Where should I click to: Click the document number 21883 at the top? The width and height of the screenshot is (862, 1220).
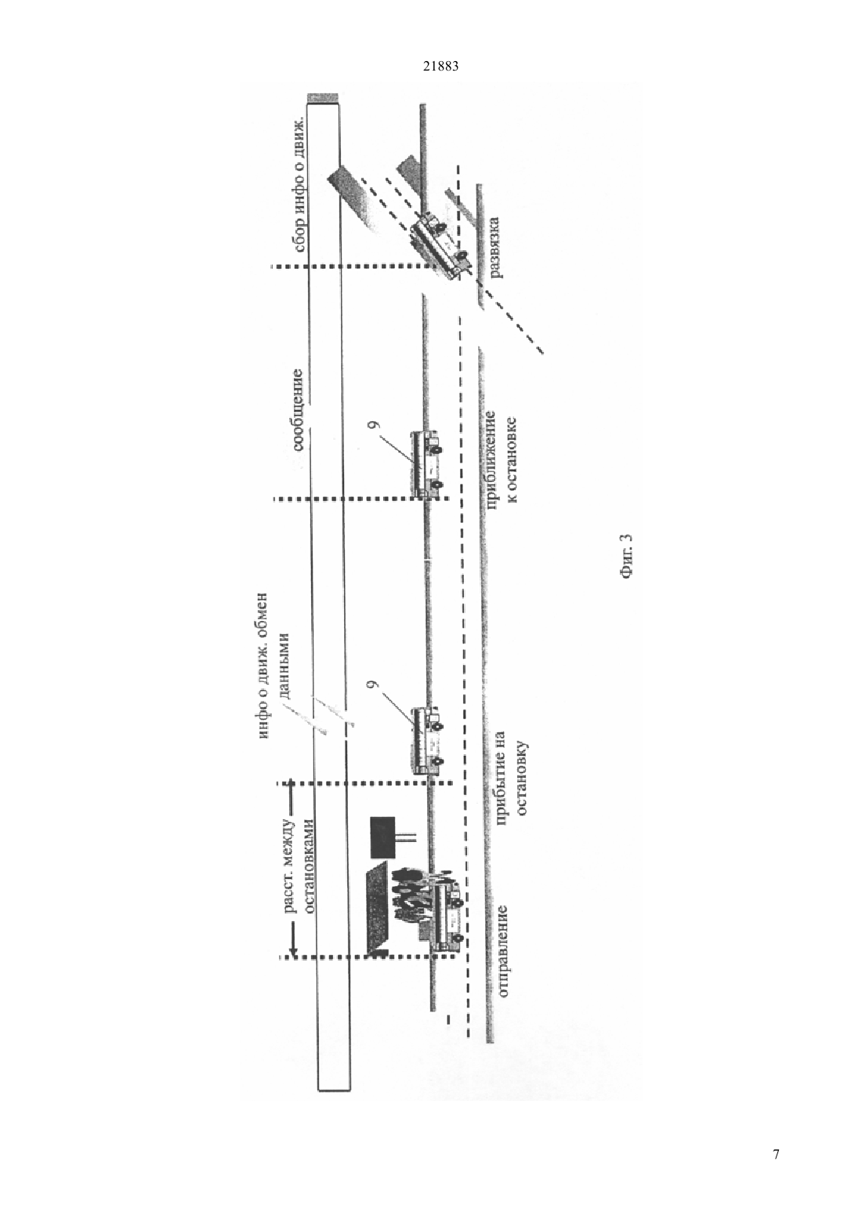point(440,66)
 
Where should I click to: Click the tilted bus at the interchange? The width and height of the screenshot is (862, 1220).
point(441,246)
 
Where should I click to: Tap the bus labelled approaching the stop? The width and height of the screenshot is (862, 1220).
point(426,463)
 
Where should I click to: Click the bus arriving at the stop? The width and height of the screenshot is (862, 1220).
point(426,740)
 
